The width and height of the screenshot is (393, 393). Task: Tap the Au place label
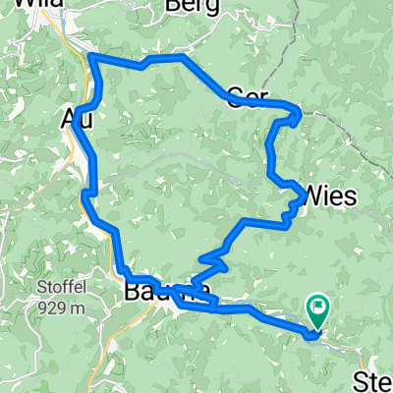(x=78, y=119)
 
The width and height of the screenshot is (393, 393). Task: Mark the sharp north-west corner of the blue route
(x=91, y=57)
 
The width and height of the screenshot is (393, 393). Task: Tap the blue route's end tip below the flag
(x=312, y=335)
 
